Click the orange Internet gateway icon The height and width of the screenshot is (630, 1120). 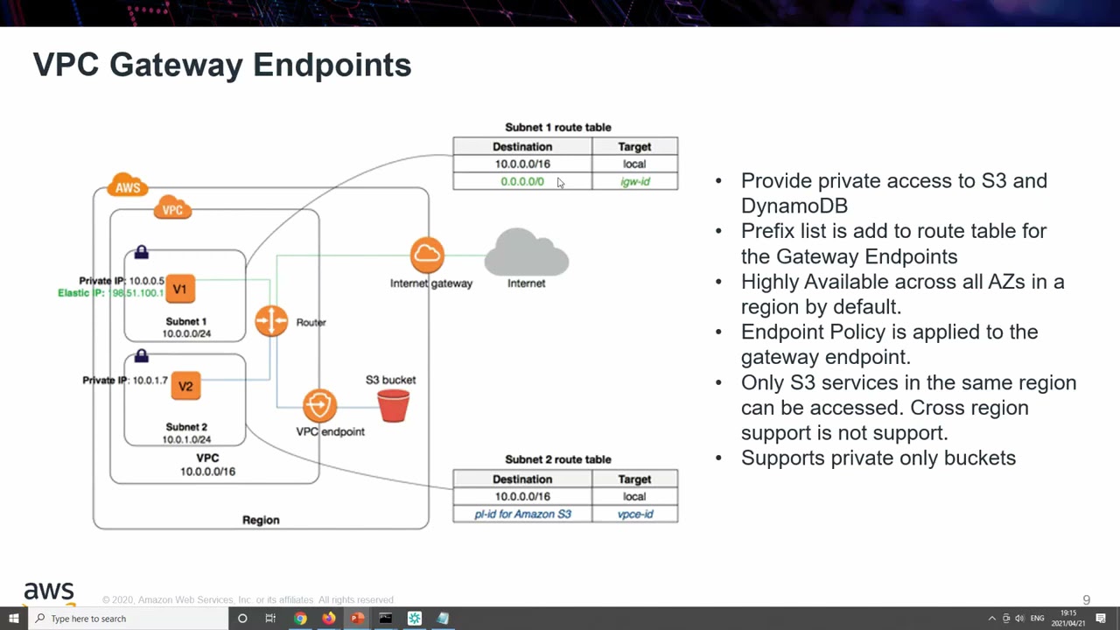(427, 255)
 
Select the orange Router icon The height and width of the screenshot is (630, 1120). (271, 321)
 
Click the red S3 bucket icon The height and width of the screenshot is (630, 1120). (393, 406)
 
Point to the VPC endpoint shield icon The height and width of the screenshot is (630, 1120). (320, 406)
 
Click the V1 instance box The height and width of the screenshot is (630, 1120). (179, 289)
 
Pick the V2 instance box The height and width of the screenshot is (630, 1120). (185, 386)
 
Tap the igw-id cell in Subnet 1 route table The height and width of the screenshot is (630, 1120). (634, 181)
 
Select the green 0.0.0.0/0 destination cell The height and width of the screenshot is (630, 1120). (522, 181)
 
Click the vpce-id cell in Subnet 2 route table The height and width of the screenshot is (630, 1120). (634, 514)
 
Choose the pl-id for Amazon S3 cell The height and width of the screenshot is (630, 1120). (522, 514)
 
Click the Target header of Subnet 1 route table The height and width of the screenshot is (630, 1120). (634, 147)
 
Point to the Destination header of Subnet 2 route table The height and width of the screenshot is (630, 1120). (522, 479)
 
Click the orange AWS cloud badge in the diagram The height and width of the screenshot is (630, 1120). (128, 186)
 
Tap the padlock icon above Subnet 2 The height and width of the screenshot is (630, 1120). (142, 356)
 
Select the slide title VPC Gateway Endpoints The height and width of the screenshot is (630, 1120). (222, 65)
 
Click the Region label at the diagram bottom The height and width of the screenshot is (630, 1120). (261, 520)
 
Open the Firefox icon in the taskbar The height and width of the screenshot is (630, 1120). (328, 619)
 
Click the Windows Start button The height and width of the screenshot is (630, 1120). (13, 619)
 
